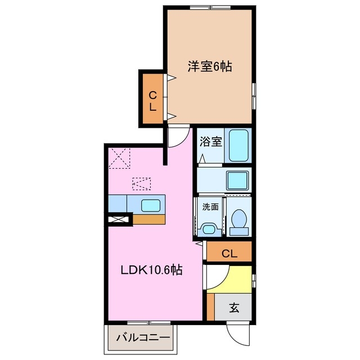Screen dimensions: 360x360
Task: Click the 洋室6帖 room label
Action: tap(210, 66)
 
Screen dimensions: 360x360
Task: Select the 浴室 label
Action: tap(210, 143)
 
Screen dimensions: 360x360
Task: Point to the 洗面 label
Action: tap(210, 206)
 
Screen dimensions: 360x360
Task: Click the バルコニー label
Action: tap(143, 338)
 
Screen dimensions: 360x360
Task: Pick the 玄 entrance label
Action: tap(234, 308)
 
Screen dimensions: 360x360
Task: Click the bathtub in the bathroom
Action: tap(239, 146)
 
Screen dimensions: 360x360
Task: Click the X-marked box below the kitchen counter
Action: tap(119, 220)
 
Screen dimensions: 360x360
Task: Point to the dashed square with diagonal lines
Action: tap(120, 157)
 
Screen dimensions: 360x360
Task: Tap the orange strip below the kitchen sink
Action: tap(148, 219)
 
